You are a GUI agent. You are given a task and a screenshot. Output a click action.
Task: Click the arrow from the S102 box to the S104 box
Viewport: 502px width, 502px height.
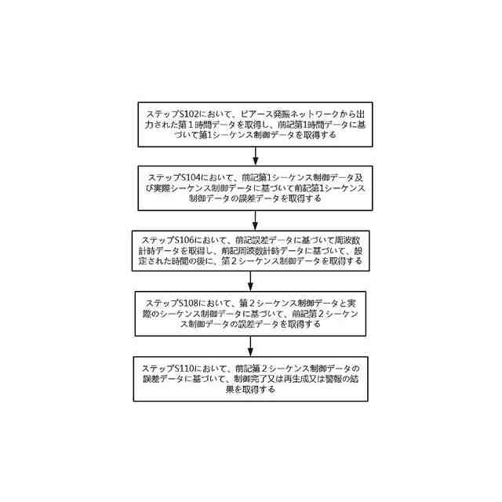tap(250, 155)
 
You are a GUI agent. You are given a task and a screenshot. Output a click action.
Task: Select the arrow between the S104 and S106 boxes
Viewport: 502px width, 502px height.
tap(250, 218)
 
